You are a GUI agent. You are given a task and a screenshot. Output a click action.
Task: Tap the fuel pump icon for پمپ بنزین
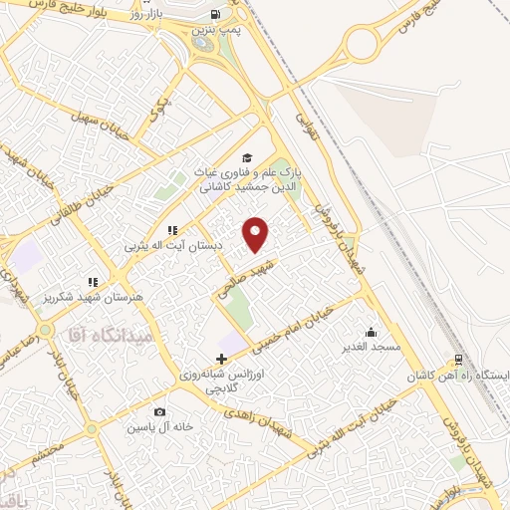[215, 15]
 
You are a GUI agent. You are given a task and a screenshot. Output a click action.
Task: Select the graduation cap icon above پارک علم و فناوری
[247, 157]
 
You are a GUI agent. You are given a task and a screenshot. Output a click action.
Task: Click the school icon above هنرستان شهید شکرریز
[93, 283]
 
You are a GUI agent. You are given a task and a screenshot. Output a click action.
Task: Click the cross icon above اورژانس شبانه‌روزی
[221, 358]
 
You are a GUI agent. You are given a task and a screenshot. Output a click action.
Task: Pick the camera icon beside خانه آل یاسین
[160, 411]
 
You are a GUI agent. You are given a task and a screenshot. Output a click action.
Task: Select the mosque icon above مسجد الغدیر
[372, 332]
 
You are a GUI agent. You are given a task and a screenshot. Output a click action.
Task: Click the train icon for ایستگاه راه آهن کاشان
[457, 361]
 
